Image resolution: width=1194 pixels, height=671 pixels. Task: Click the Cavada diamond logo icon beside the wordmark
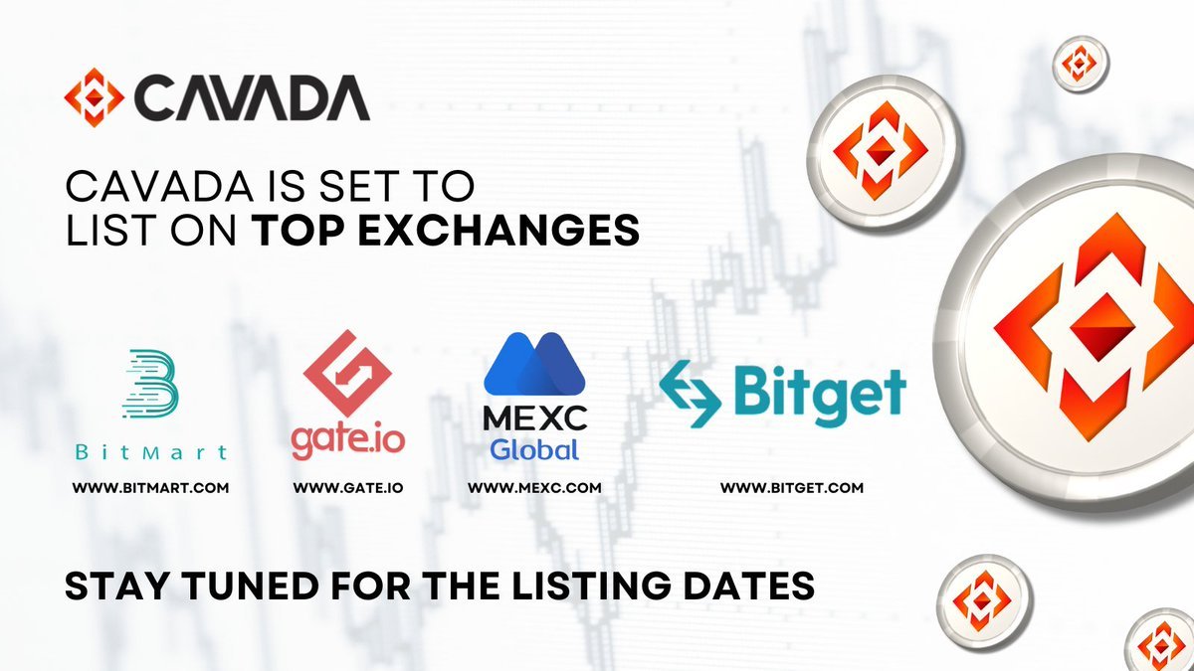tap(95, 97)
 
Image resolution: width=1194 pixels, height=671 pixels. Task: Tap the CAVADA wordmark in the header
tap(252, 97)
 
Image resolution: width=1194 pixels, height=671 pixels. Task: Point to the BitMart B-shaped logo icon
tap(150, 384)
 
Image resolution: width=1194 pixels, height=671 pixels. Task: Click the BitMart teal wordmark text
tap(151, 452)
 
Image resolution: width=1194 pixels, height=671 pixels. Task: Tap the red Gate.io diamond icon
tap(347, 374)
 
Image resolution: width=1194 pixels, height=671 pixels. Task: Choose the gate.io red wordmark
tap(348, 442)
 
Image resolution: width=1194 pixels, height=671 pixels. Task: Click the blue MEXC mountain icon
tap(534, 364)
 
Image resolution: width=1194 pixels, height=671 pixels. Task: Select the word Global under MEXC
tap(534, 450)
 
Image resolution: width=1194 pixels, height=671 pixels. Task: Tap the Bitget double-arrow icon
tap(691, 394)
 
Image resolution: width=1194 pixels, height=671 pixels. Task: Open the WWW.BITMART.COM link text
tap(150, 488)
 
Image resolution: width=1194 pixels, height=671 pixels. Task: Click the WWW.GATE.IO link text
tap(348, 488)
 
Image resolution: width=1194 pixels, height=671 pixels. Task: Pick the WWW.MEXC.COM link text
tap(534, 488)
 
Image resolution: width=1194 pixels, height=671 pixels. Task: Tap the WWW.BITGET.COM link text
tap(792, 488)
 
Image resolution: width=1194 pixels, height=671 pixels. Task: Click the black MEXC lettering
tap(535, 419)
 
